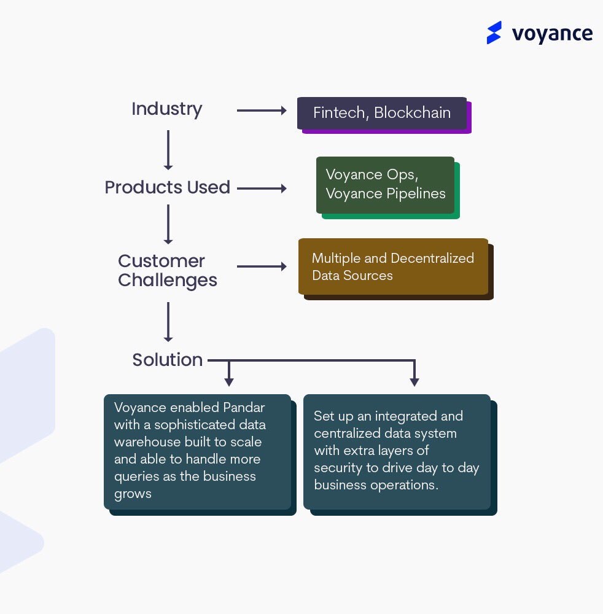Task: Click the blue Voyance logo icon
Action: point(494,33)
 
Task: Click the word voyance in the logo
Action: point(552,34)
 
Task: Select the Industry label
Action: point(166,109)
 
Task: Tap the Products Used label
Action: point(167,187)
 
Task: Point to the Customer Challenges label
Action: point(167,270)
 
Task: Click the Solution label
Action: point(167,360)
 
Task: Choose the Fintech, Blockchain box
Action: point(382,113)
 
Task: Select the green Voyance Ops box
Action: point(386,184)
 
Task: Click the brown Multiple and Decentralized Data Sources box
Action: point(393,266)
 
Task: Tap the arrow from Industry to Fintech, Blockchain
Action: point(262,111)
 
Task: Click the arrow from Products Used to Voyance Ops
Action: point(262,188)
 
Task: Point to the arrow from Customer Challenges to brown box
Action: point(262,266)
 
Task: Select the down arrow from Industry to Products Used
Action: point(168,149)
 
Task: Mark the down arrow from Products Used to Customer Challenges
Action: point(168,224)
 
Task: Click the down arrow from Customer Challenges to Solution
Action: point(168,322)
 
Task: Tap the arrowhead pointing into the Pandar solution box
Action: point(229,381)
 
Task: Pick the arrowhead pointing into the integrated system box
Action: point(414,381)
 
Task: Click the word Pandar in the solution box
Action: point(249,408)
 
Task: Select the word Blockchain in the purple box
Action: point(412,113)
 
